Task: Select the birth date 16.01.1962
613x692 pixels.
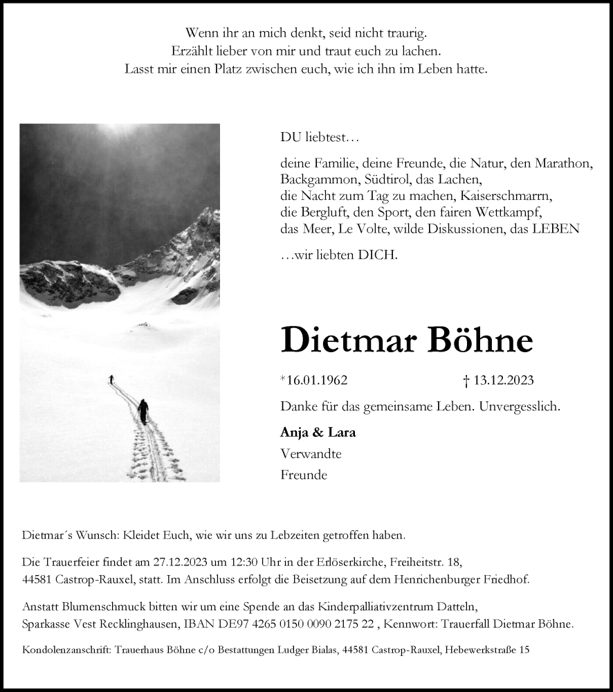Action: (316, 380)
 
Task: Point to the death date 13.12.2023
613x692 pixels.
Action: (502, 380)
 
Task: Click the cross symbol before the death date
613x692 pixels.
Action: (466, 380)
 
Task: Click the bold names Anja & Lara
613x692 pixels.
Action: (318, 432)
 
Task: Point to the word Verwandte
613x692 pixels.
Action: (311, 454)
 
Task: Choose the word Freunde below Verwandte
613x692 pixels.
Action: (304, 475)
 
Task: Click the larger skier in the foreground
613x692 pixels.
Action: (143, 411)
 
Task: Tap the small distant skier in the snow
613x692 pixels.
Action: (111, 379)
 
